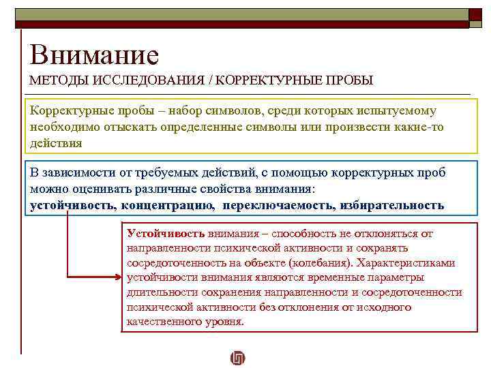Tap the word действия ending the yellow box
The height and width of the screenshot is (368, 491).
pyautogui.click(x=56, y=143)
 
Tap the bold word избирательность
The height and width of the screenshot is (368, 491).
pyautogui.click(x=391, y=204)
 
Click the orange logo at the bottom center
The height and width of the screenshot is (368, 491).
pyautogui.click(x=238, y=357)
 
